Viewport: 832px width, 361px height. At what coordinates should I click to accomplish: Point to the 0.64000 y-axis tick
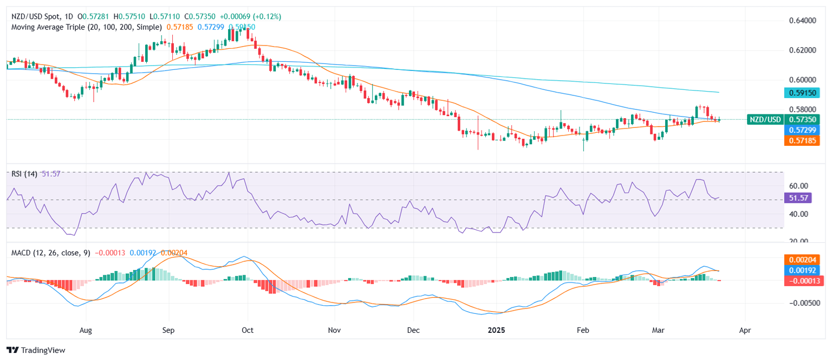coord(803,21)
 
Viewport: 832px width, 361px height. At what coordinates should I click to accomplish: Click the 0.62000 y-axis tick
coord(803,50)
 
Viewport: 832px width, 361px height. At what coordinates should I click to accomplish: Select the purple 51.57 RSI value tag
coord(799,198)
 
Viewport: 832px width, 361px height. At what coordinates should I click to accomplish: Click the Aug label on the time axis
coord(86,329)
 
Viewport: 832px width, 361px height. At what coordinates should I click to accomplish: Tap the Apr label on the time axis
coord(745,329)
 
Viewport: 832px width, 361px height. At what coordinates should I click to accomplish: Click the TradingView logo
coord(36,350)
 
